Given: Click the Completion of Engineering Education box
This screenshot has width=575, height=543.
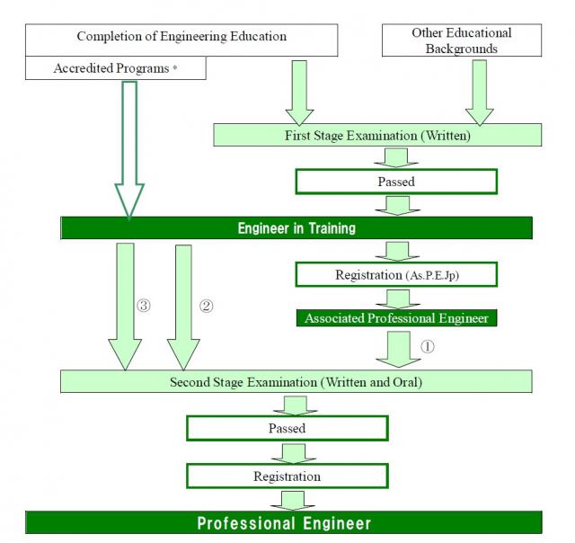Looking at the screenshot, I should tap(181, 37).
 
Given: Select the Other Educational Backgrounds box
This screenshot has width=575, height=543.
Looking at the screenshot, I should tap(461, 39).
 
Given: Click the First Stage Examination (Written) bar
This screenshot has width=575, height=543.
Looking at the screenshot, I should tap(377, 136).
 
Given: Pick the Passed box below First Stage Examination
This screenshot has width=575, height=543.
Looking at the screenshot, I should tap(395, 181).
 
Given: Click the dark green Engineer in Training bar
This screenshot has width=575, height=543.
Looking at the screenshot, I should tap(296, 228).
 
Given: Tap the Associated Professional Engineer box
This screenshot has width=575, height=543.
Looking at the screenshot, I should tap(395, 318).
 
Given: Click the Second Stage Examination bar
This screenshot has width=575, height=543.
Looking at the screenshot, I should tap(296, 382).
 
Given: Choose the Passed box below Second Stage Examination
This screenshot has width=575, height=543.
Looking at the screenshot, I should tap(287, 428).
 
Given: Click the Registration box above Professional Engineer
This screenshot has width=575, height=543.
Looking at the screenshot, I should tap(287, 476).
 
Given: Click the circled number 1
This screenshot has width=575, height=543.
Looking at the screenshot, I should tap(427, 346).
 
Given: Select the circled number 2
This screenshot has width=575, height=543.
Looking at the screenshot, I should tap(206, 306).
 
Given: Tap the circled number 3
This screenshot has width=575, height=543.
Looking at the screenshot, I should tap(143, 306).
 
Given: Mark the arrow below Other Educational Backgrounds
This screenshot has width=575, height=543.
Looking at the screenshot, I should tap(479, 92).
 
